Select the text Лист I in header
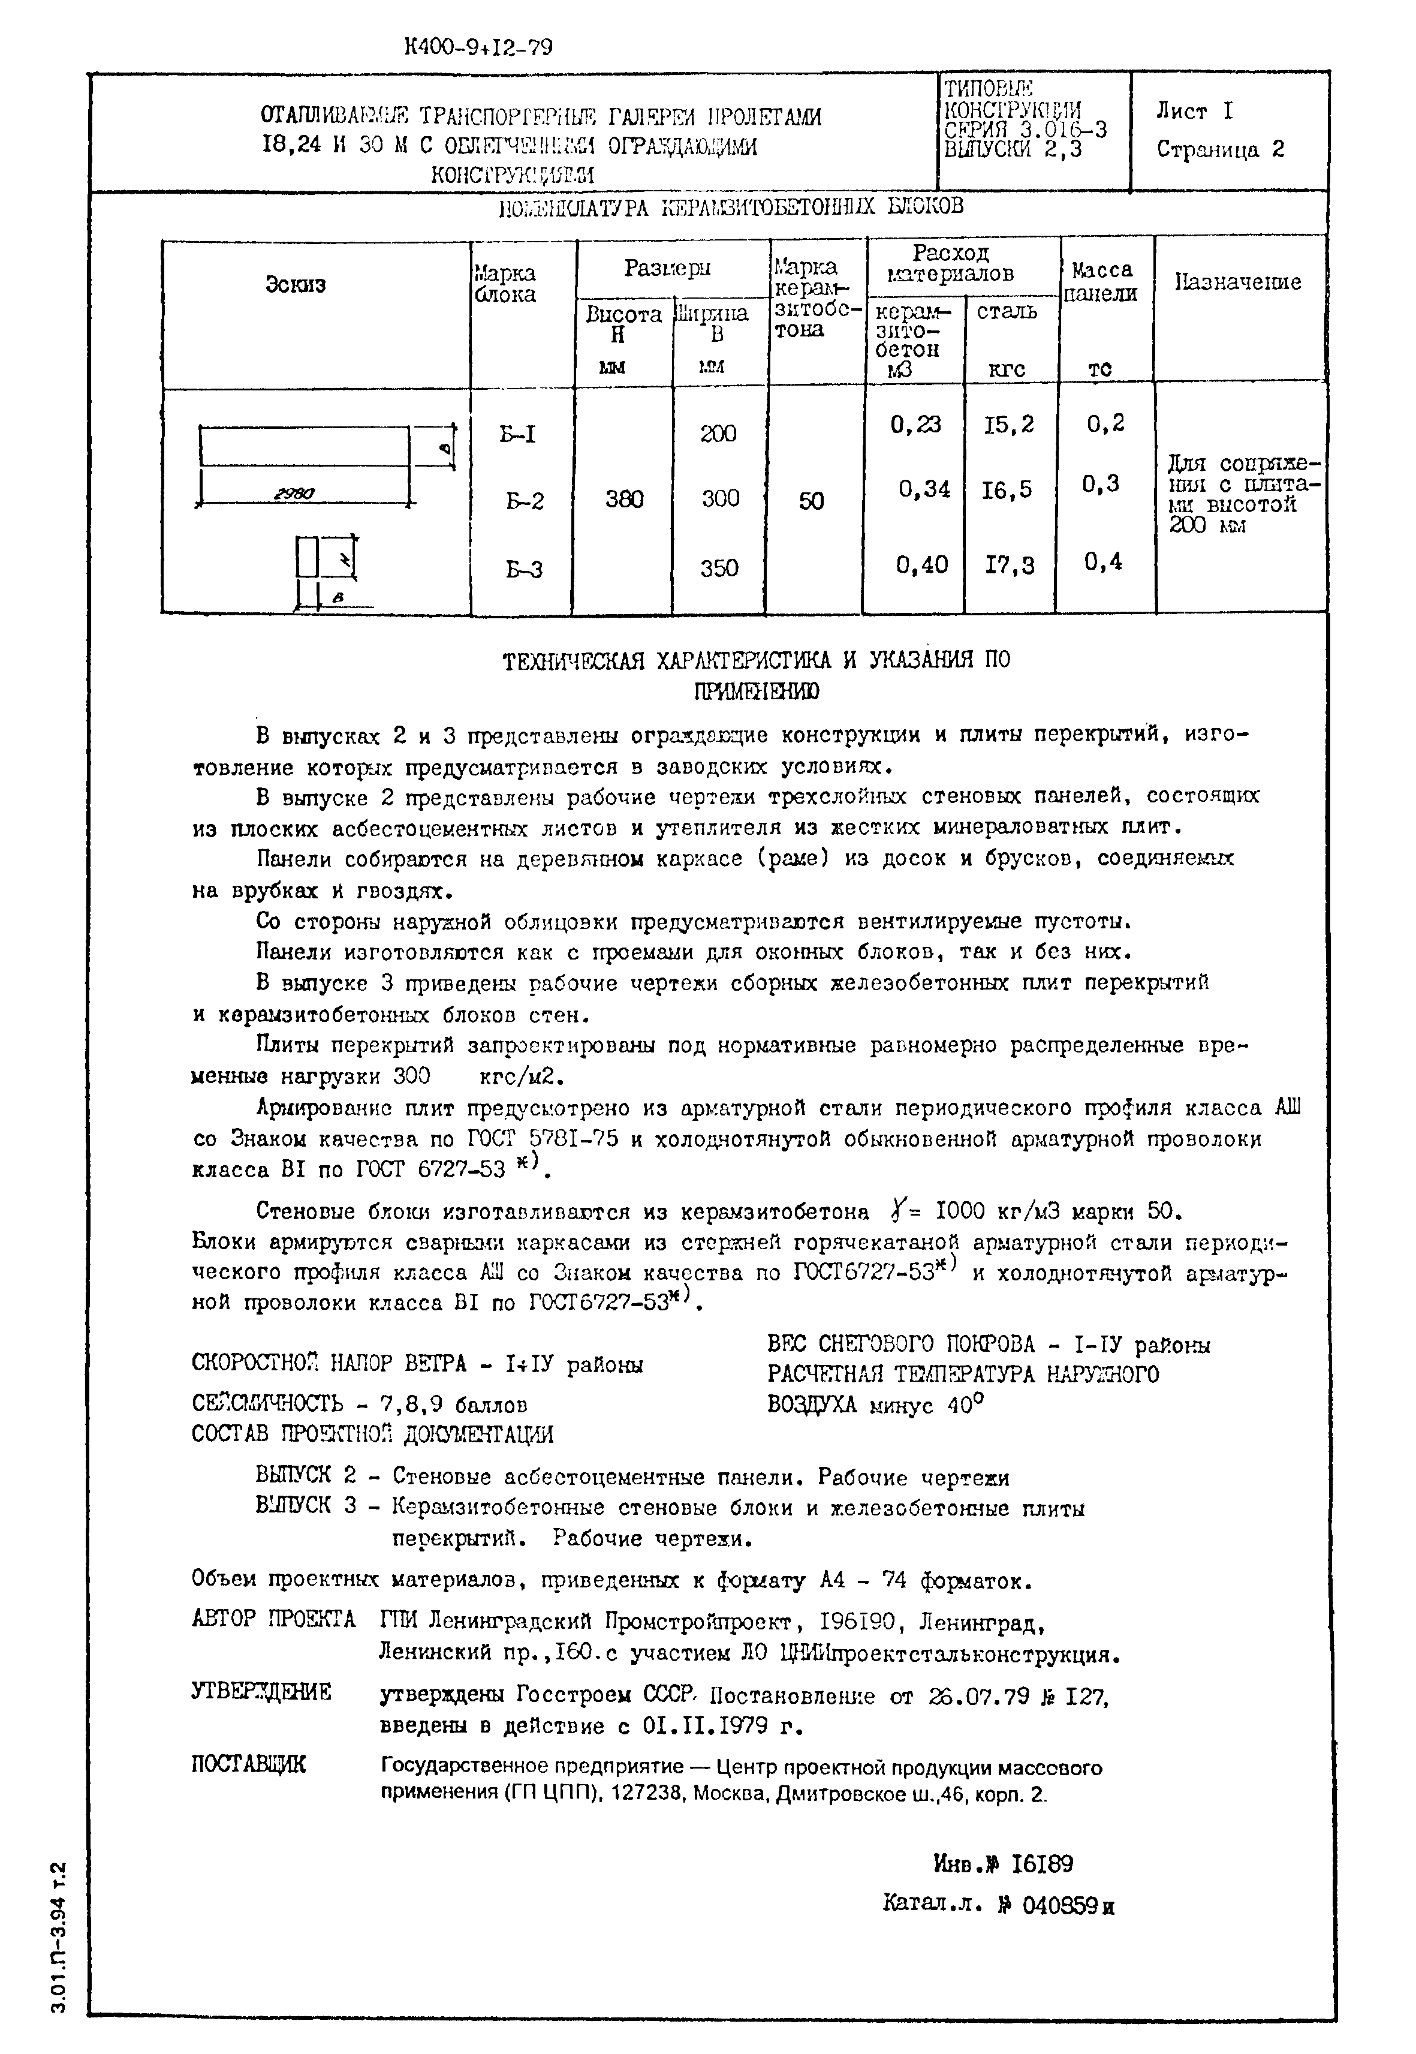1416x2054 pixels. tap(1194, 112)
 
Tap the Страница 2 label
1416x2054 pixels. tap(1220, 149)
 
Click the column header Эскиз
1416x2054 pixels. tap(296, 284)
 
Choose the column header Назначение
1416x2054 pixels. tap(1239, 282)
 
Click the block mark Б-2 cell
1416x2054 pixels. tap(525, 501)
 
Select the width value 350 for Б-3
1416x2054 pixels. tap(719, 568)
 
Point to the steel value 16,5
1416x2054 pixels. tap(1008, 490)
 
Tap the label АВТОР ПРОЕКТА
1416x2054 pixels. tap(273, 1619)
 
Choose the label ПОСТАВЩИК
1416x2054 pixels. tap(248, 1764)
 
